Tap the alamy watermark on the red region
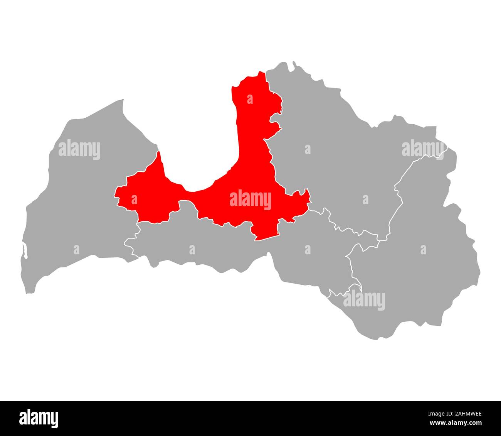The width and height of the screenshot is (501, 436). [x=250, y=200]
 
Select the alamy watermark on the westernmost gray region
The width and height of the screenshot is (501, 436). [x=79, y=150]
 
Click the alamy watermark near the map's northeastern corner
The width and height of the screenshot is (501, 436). [x=423, y=149]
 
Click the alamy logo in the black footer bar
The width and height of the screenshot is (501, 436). [x=39, y=418]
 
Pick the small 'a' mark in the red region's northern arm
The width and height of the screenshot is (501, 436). [x=250, y=100]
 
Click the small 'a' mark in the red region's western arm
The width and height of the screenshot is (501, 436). [x=134, y=199]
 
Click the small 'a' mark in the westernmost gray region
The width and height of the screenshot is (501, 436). [x=76, y=250]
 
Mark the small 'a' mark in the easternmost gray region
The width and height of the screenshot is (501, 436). [x=423, y=250]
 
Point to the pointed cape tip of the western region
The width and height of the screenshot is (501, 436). [x=123, y=100]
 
